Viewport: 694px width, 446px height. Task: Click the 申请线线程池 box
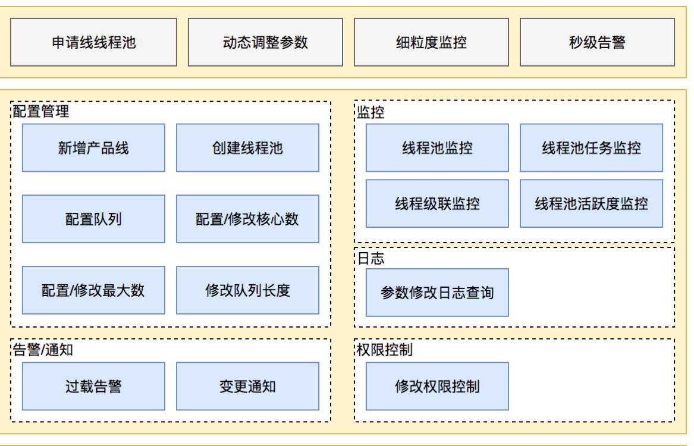93,42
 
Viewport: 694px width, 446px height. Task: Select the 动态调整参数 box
265,42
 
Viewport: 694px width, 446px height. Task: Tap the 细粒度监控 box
431,42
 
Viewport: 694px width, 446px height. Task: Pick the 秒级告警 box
597,42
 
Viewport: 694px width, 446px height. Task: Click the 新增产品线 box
93,148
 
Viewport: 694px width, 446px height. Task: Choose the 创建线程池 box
247,148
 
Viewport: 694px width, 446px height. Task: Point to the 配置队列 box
93,219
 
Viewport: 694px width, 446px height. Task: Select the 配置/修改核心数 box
247,219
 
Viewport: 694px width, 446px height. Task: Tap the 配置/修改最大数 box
93,291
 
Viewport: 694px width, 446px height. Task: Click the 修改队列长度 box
247,291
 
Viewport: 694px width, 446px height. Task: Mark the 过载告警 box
93,387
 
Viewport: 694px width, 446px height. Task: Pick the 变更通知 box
247,387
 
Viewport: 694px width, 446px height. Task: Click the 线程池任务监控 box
591,148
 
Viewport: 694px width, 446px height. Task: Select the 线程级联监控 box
437,204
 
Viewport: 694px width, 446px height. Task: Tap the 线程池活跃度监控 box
591,204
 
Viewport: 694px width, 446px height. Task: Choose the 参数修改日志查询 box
437,293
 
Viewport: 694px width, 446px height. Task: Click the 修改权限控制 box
437,387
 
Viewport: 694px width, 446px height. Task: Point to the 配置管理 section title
41,111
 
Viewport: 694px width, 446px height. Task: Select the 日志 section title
370,258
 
